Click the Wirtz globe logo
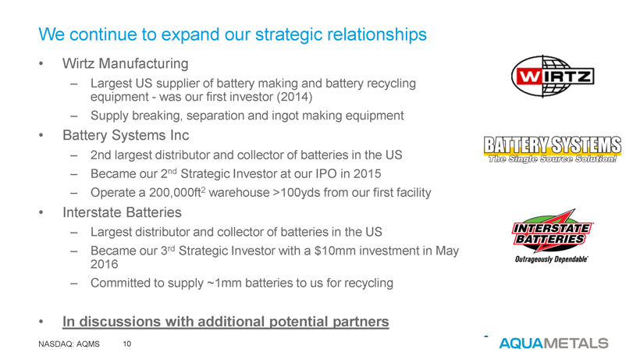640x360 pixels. point(553,77)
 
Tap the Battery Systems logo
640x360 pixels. point(553,150)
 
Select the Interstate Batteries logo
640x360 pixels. point(553,236)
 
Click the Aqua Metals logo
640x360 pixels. point(553,344)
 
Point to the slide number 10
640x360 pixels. point(127,344)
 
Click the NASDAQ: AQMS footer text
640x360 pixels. point(69,344)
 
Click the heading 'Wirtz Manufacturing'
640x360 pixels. point(126,64)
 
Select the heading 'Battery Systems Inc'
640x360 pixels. point(126,136)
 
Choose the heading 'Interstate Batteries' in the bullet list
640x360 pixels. point(122,212)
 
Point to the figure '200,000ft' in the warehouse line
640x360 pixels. point(175,193)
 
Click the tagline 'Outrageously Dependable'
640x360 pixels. point(552,259)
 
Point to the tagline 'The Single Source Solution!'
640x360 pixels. point(553,159)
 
